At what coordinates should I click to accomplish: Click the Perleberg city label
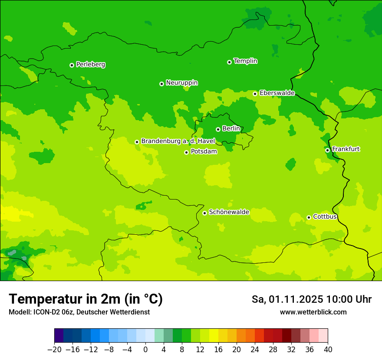click(x=90, y=65)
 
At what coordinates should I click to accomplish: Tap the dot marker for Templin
click(x=229, y=62)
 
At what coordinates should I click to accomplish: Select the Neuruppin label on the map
click(x=181, y=83)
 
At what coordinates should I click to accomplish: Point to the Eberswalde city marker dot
click(x=255, y=94)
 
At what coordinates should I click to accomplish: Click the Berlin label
click(x=231, y=129)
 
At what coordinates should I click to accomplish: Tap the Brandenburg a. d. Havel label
click(x=178, y=141)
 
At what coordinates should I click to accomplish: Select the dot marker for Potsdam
click(x=186, y=152)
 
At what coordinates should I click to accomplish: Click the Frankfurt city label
click(x=346, y=149)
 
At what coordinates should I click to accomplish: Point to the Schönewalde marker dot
click(x=204, y=213)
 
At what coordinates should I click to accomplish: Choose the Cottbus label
click(x=325, y=217)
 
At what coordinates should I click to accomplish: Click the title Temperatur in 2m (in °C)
click(x=86, y=299)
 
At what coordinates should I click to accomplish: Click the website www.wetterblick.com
click(x=313, y=312)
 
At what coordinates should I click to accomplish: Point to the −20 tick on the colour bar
click(x=54, y=350)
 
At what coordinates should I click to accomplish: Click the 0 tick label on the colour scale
click(x=145, y=350)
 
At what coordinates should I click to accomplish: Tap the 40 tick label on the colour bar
click(x=328, y=350)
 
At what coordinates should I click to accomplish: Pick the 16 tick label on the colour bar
click(x=218, y=350)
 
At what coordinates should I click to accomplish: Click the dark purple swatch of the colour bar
click(x=59, y=336)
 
